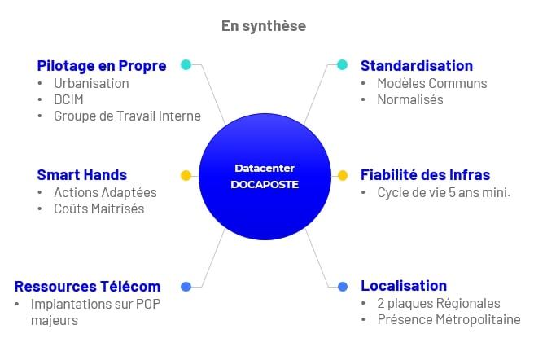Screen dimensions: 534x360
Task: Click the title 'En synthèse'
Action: tap(264, 26)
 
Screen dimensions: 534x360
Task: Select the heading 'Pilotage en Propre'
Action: tap(102, 66)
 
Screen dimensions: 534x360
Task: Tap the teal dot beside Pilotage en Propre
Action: tap(186, 64)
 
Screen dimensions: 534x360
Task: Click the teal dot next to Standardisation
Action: tap(342, 64)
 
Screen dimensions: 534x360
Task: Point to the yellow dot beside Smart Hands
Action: tap(186, 176)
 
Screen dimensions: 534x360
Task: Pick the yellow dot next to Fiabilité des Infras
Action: tap(343, 176)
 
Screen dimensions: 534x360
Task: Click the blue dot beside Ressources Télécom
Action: tap(186, 287)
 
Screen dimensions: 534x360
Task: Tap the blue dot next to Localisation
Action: tap(343, 287)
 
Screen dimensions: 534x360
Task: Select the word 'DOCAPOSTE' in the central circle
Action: tap(265, 184)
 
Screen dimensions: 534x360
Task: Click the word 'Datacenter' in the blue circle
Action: tap(265, 169)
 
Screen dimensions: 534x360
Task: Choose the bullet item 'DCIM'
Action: tap(68, 99)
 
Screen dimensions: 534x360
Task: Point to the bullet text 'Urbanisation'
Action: tap(91, 84)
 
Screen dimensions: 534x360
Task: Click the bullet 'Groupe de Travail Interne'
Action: tap(127, 116)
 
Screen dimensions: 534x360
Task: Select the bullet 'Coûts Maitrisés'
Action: tap(99, 209)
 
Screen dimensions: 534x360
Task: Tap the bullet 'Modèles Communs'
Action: tap(432, 84)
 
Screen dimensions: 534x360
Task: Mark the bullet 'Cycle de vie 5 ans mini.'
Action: tap(444, 192)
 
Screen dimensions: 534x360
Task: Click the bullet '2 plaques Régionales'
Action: tap(439, 304)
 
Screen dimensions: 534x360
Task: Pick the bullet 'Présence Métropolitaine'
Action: tap(449, 320)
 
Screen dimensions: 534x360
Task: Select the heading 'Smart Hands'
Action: tap(81, 175)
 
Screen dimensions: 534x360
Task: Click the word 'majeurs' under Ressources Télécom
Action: tap(55, 321)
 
